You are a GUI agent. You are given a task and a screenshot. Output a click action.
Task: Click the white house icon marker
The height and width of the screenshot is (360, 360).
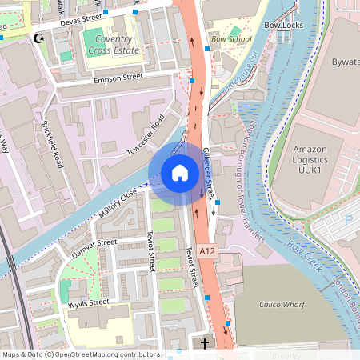click(x=179, y=172)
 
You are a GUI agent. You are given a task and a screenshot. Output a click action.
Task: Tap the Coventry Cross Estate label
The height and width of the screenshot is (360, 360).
click(x=117, y=44)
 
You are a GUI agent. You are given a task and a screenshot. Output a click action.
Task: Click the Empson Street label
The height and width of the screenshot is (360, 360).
click(x=118, y=78)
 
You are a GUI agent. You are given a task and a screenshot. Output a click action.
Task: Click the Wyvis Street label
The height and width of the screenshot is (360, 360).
click(x=88, y=302)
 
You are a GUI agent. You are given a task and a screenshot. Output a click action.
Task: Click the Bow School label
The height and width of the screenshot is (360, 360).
click(x=231, y=38)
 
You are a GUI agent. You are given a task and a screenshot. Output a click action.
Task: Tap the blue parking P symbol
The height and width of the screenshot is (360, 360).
click(x=348, y=218)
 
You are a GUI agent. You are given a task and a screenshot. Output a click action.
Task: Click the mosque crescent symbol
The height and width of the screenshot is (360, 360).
click(x=38, y=38)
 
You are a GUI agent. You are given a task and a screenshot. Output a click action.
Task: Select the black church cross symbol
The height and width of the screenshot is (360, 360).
click(x=204, y=344)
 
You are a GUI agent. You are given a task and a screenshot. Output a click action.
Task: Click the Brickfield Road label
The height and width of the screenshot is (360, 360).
click(x=53, y=144)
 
